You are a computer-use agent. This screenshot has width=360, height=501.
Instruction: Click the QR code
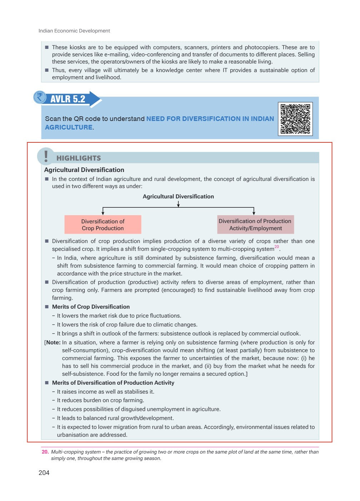tap(295, 119)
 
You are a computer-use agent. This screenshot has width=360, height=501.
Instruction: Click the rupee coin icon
tap(40, 97)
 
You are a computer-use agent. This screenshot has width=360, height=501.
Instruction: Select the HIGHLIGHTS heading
tap(79, 158)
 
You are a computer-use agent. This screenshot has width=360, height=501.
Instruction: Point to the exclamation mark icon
tap(46, 156)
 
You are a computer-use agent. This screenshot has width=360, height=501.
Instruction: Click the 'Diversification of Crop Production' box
tap(103, 224)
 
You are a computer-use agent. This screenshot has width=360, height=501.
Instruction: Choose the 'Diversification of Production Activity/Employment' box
tap(255, 224)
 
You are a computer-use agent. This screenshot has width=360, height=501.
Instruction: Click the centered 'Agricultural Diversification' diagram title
tap(178, 196)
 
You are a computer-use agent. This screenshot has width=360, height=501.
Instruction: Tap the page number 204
tap(44, 473)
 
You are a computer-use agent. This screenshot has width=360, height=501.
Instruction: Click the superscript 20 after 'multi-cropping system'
tap(276, 247)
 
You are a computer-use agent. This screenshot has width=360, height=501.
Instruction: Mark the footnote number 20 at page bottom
tap(45, 452)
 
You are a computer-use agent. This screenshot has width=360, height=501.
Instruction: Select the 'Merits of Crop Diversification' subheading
tap(91, 307)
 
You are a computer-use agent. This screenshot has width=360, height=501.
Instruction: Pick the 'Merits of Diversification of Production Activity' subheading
tap(113, 383)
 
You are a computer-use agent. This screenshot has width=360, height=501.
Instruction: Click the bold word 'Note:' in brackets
tap(53, 342)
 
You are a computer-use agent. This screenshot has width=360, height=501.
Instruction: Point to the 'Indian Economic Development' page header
tap(74, 31)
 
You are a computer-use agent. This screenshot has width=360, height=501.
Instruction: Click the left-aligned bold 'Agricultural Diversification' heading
tap(84, 170)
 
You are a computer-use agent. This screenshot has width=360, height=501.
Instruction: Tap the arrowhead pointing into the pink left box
tap(103, 213)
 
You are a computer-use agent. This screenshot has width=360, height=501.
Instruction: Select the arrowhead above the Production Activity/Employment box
tap(254, 213)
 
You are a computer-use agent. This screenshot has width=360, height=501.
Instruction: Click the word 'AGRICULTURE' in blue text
tap(69, 127)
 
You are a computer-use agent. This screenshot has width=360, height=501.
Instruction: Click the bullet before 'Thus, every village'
tap(47, 70)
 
